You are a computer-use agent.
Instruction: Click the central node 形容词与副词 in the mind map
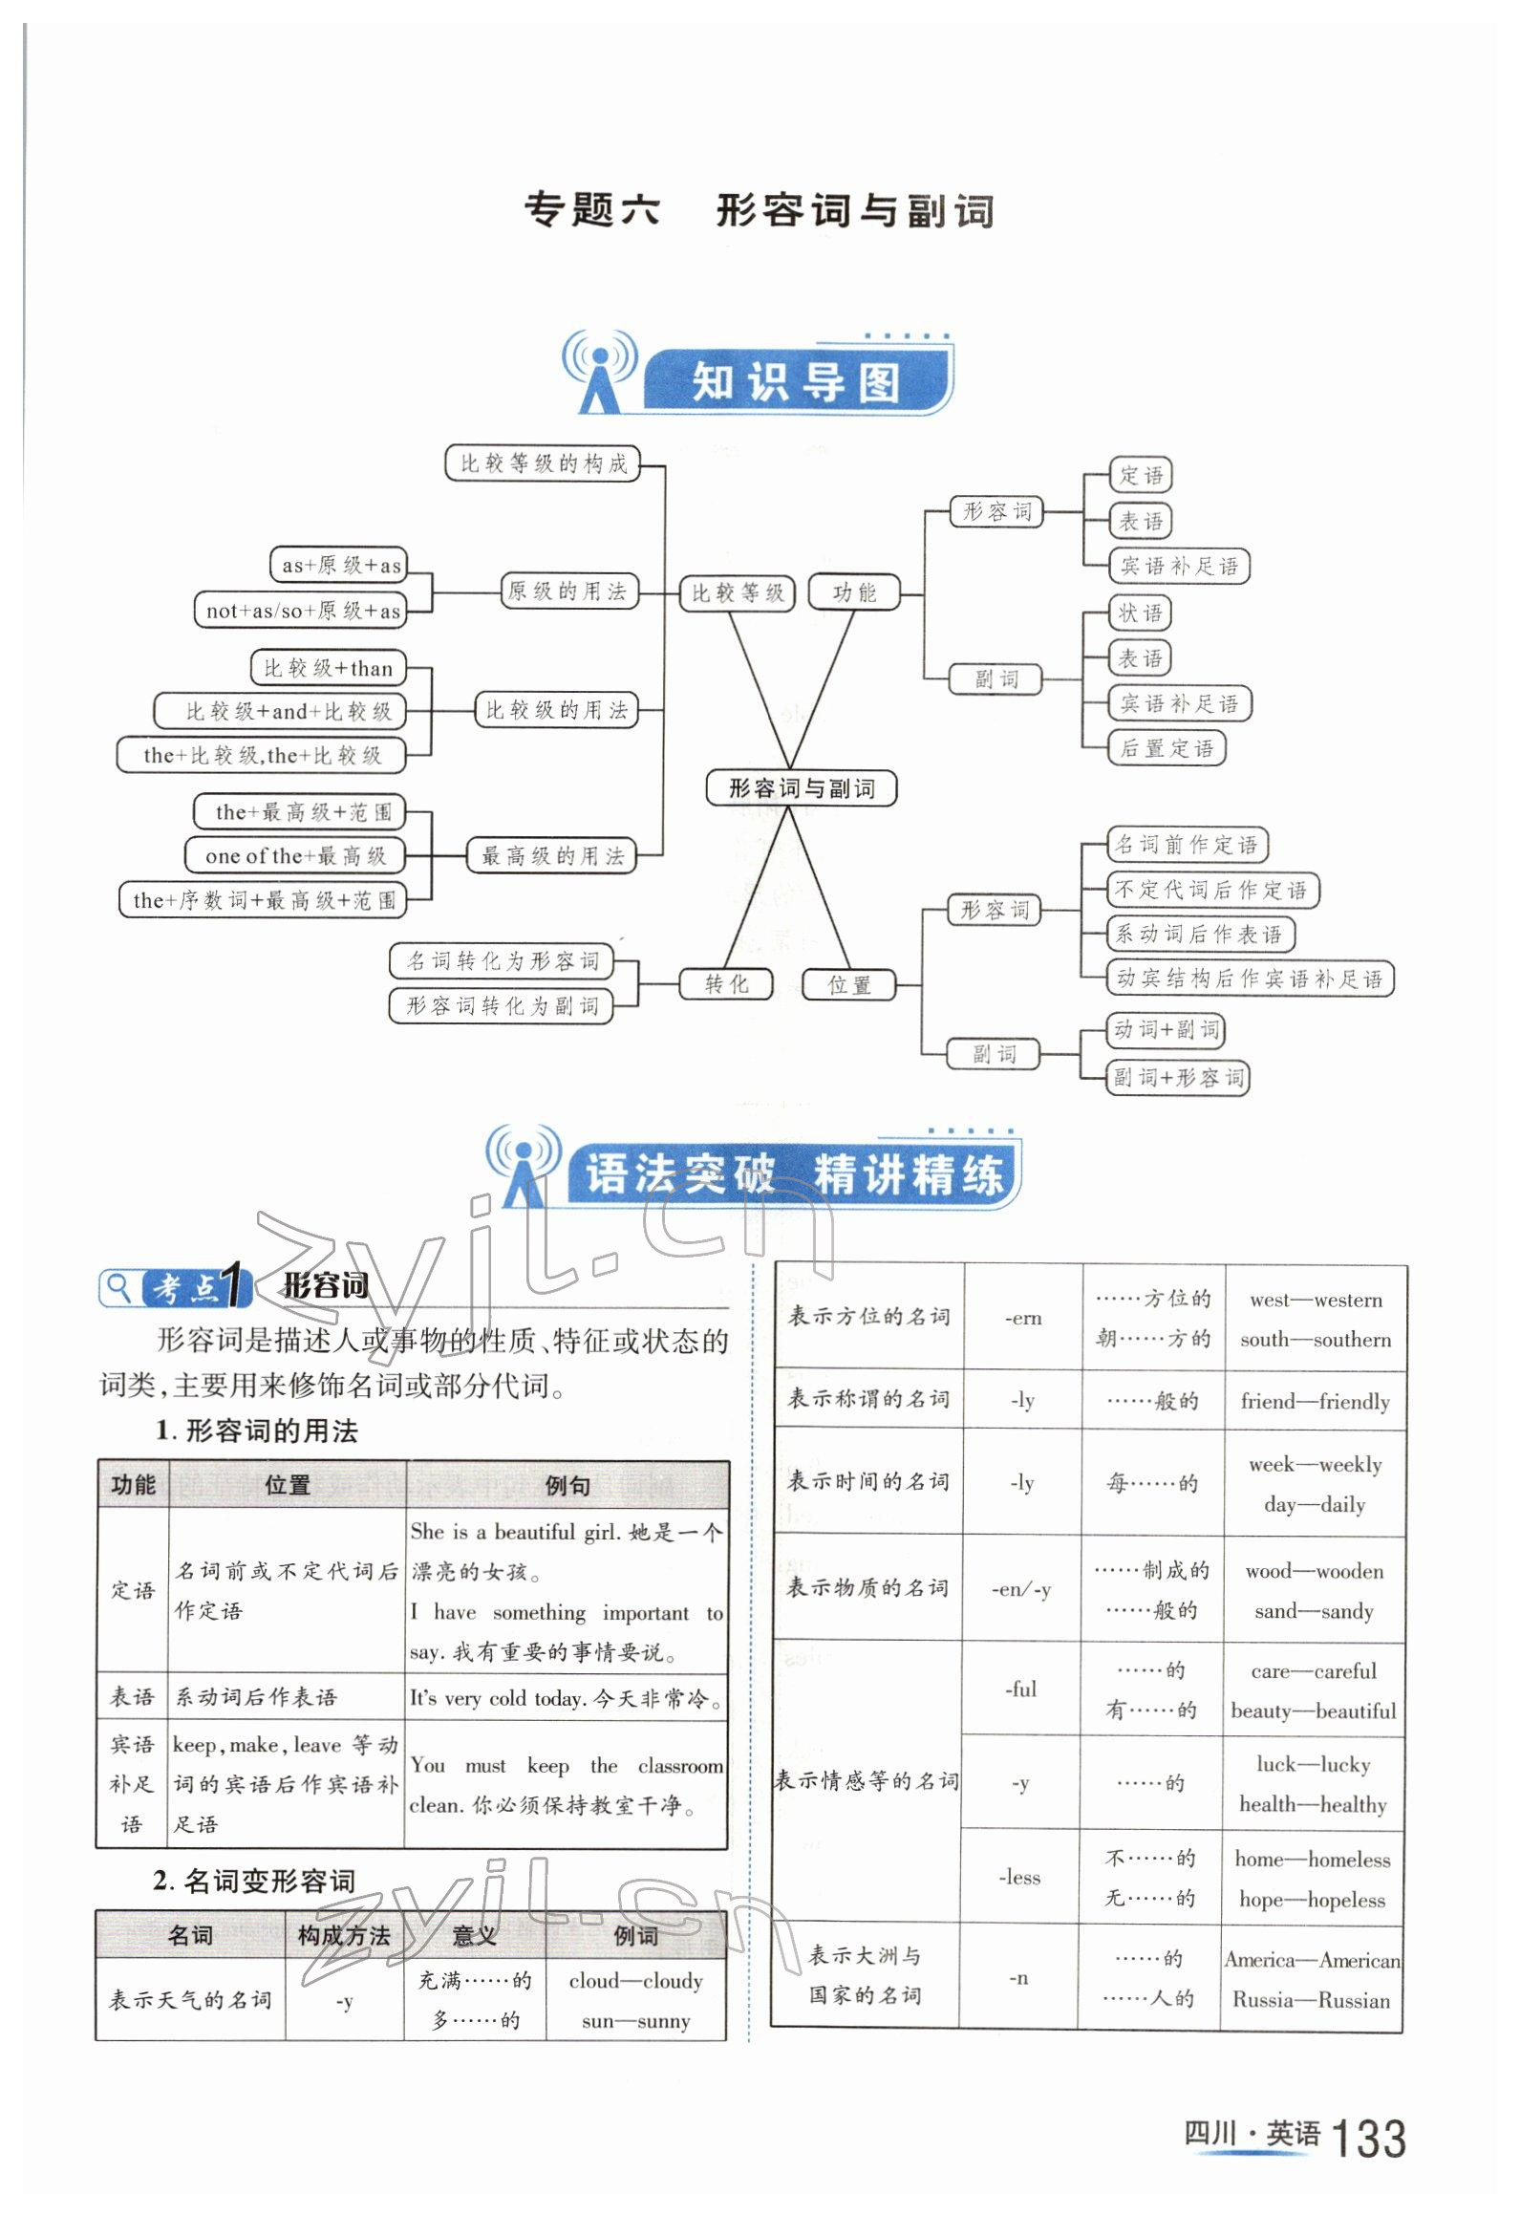[x=802, y=788]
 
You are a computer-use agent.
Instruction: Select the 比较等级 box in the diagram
[x=737, y=592]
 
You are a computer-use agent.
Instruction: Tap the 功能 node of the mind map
[x=854, y=592]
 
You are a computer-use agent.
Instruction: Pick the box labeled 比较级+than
[x=328, y=668]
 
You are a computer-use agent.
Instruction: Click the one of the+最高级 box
[x=294, y=856]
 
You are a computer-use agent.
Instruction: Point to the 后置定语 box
[x=1166, y=748]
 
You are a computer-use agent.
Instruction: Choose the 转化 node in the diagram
[x=726, y=984]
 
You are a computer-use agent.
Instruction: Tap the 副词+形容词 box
[x=1177, y=1078]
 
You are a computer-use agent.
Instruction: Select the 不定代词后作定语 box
[x=1211, y=890]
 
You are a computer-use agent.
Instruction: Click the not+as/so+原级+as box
[x=302, y=611]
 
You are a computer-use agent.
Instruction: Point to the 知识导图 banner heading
[x=796, y=383]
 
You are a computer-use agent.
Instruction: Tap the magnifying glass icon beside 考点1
[x=118, y=1287]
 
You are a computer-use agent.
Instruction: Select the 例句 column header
[x=567, y=1485]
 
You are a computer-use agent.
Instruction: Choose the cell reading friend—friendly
[x=1315, y=1401]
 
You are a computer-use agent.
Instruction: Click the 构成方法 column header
[x=344, y=1935]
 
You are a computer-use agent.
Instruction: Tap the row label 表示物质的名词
[x=867, y=1587]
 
